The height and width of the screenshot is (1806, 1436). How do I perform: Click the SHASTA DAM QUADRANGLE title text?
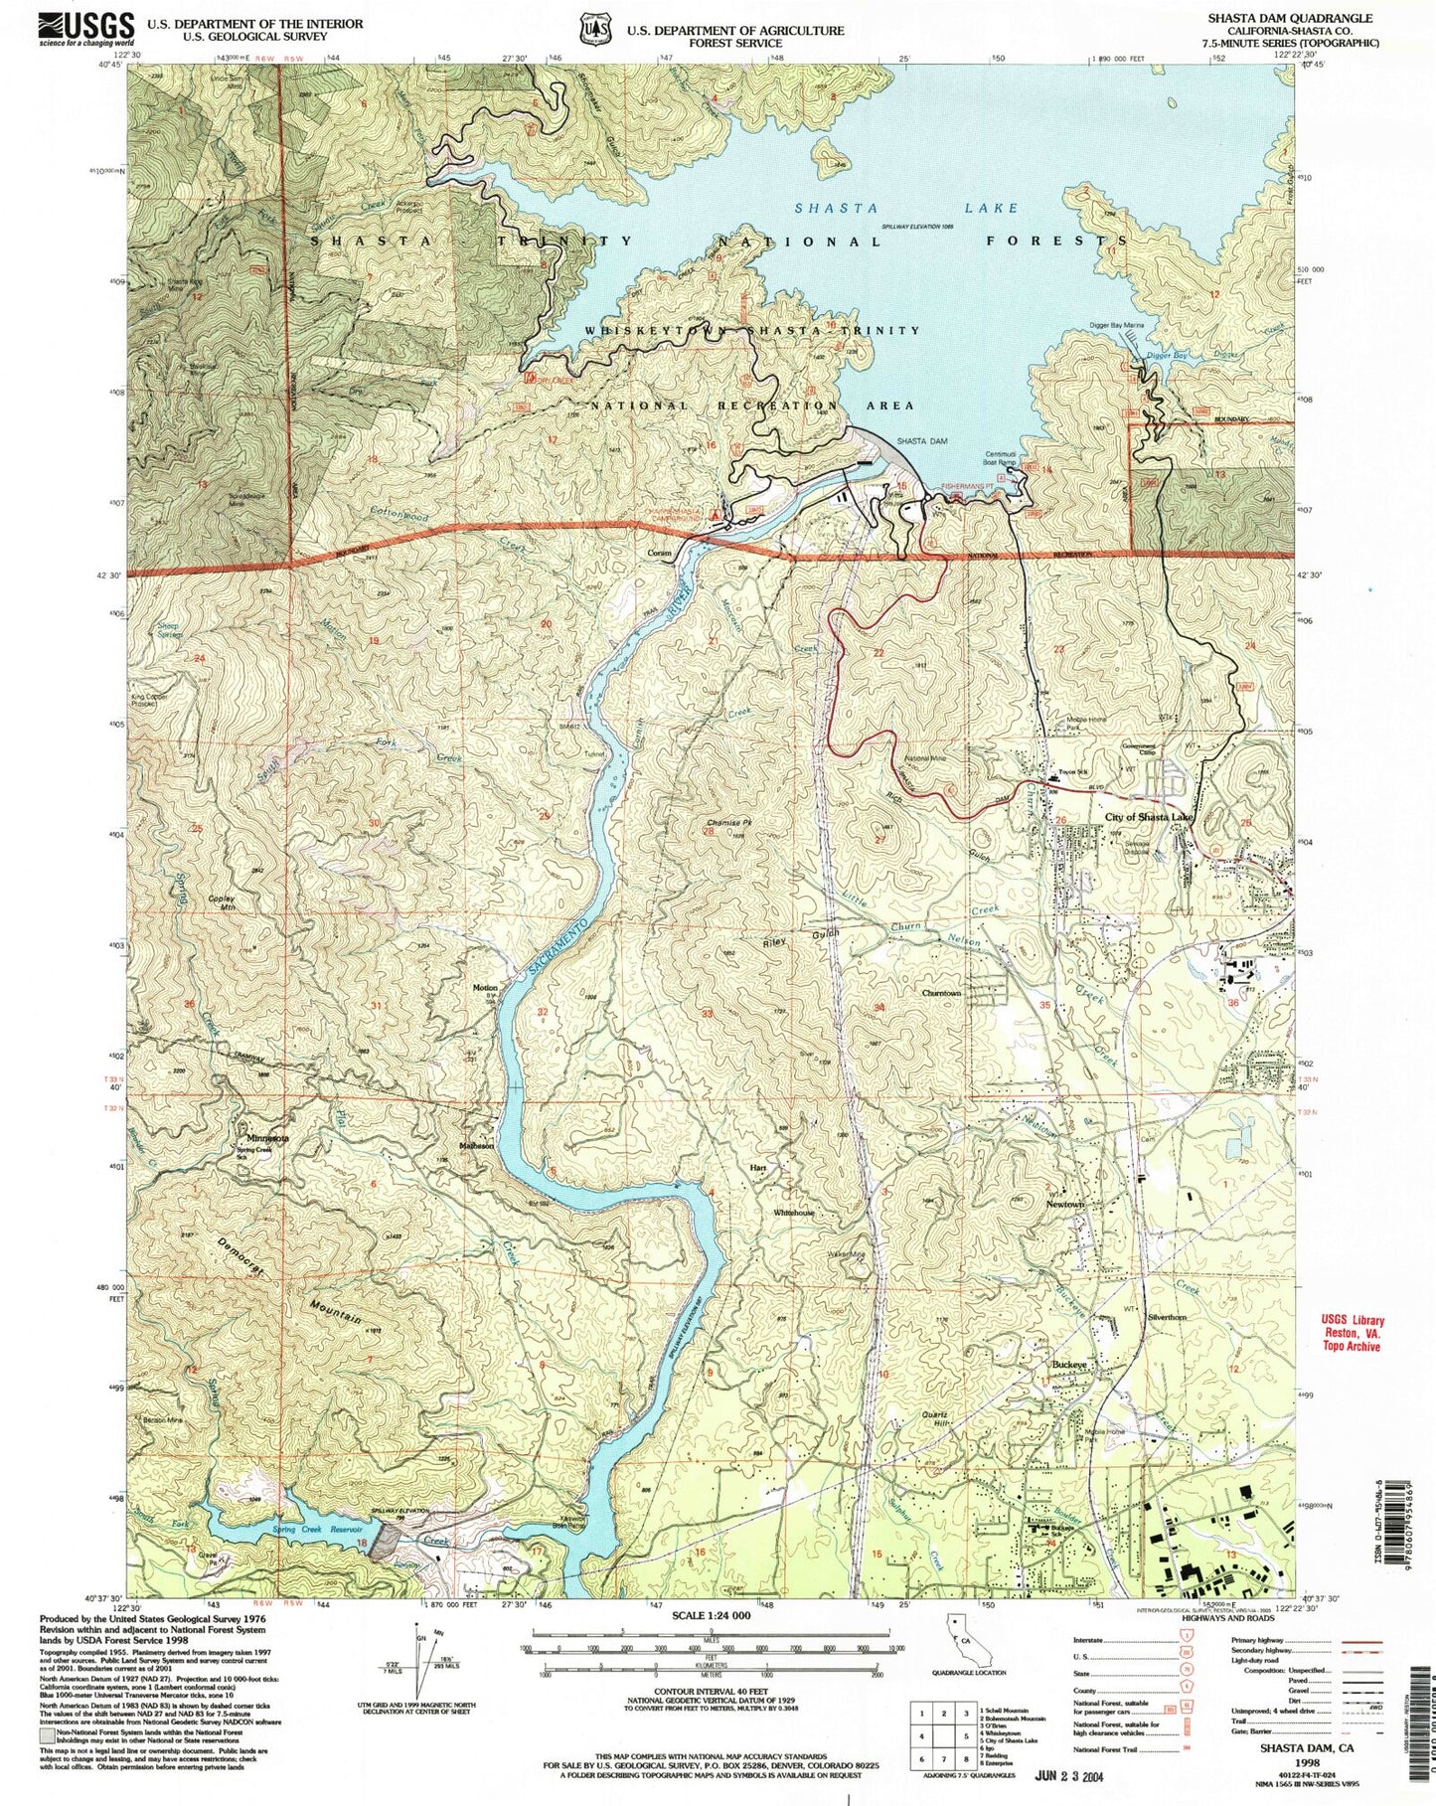[x=1289, y=18]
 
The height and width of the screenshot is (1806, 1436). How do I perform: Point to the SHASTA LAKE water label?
[x=905, y=208]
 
